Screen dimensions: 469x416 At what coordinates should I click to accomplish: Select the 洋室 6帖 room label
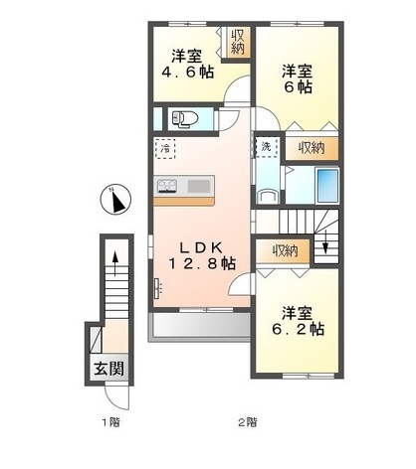(x=296, y=79)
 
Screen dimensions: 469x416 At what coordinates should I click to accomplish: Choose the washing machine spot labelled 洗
(x=266, y=147)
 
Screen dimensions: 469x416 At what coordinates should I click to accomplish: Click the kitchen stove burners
(x=167, y=186)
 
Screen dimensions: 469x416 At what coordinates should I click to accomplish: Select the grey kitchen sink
(x=197, y=186)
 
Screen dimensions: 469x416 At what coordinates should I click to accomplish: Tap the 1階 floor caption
(x=108, y=421)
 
